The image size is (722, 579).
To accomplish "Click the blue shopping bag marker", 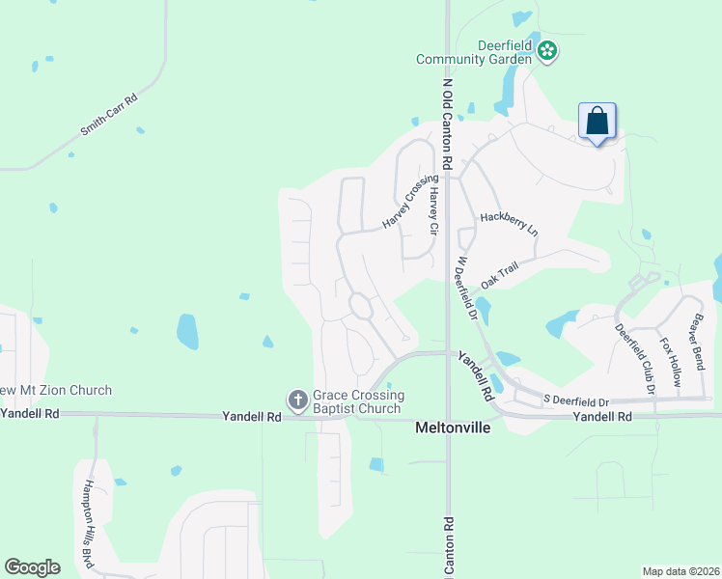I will [597, 123].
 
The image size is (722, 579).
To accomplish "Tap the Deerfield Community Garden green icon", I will [547, 49].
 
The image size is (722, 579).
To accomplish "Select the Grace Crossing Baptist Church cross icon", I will [297, 399].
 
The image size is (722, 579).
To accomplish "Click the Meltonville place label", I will [453, 427].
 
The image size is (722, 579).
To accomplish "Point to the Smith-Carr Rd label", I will [110, 114].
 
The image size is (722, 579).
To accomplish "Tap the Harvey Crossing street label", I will [403, 202].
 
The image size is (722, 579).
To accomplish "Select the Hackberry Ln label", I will [509, 223].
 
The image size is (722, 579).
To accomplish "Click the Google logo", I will [32, 567].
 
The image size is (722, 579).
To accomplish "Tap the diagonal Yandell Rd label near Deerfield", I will [476, 376].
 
